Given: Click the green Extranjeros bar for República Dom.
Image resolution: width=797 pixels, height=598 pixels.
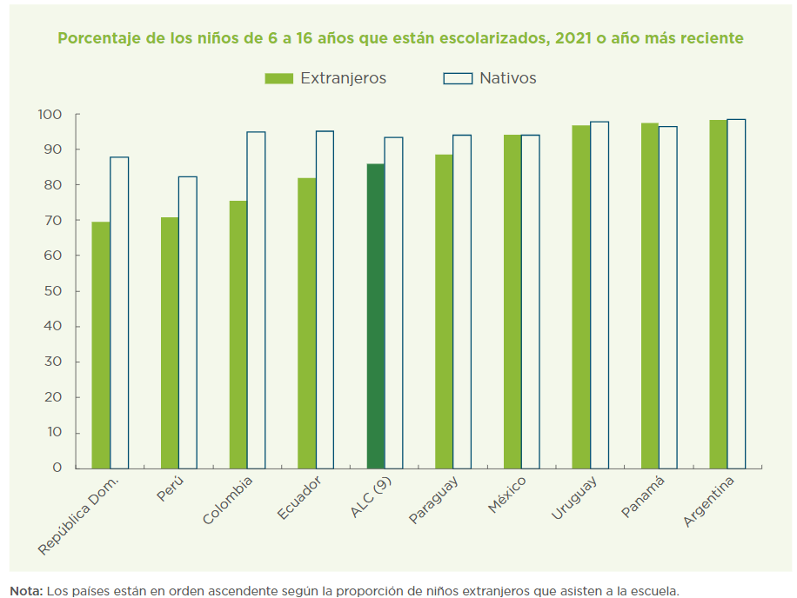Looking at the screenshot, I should point(101,345).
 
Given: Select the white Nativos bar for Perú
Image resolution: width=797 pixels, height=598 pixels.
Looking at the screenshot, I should point(188,322).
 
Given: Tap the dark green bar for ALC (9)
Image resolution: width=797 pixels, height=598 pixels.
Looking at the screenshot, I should point(376,316).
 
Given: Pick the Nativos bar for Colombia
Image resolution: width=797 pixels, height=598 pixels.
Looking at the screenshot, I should point(256,300).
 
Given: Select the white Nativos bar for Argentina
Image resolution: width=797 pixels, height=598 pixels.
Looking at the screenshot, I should point(736,294).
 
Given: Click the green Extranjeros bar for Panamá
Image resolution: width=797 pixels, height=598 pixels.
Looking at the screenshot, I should point(650,296).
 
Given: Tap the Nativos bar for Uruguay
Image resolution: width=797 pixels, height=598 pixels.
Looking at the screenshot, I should point(599,295).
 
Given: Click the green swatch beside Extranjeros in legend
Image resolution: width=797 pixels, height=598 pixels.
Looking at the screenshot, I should point(278,78).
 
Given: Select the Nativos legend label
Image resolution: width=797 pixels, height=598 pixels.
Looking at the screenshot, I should point(507,78).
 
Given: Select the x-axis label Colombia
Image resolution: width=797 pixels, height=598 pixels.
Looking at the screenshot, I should point(228,500).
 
